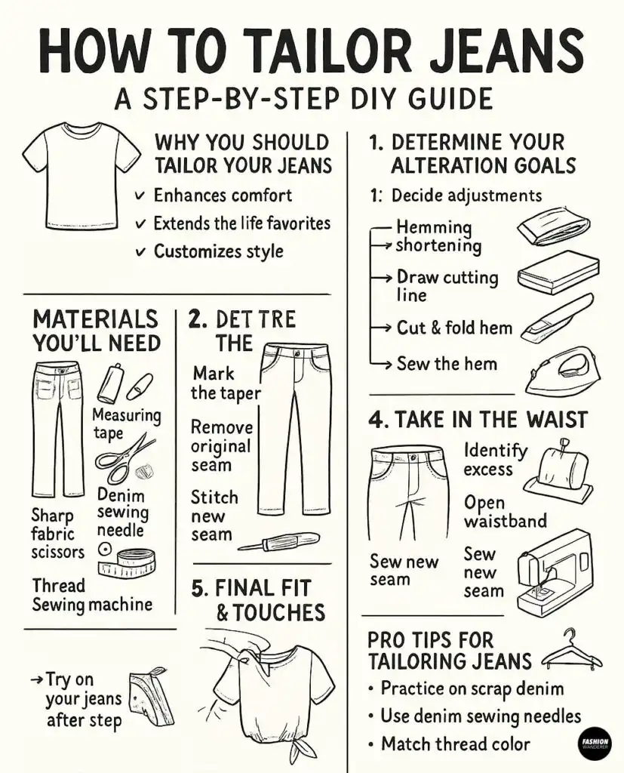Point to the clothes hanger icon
pos(572,651)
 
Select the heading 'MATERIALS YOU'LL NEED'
pos(96,331)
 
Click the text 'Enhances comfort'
pos(222,196)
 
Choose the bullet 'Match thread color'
pos(455,744)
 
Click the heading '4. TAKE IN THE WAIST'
pos(478,420)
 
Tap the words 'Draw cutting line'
pos(447,285)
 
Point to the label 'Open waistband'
pos(505,512)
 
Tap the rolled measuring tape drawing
pos(131,562)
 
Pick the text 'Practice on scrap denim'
pos(472,688)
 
